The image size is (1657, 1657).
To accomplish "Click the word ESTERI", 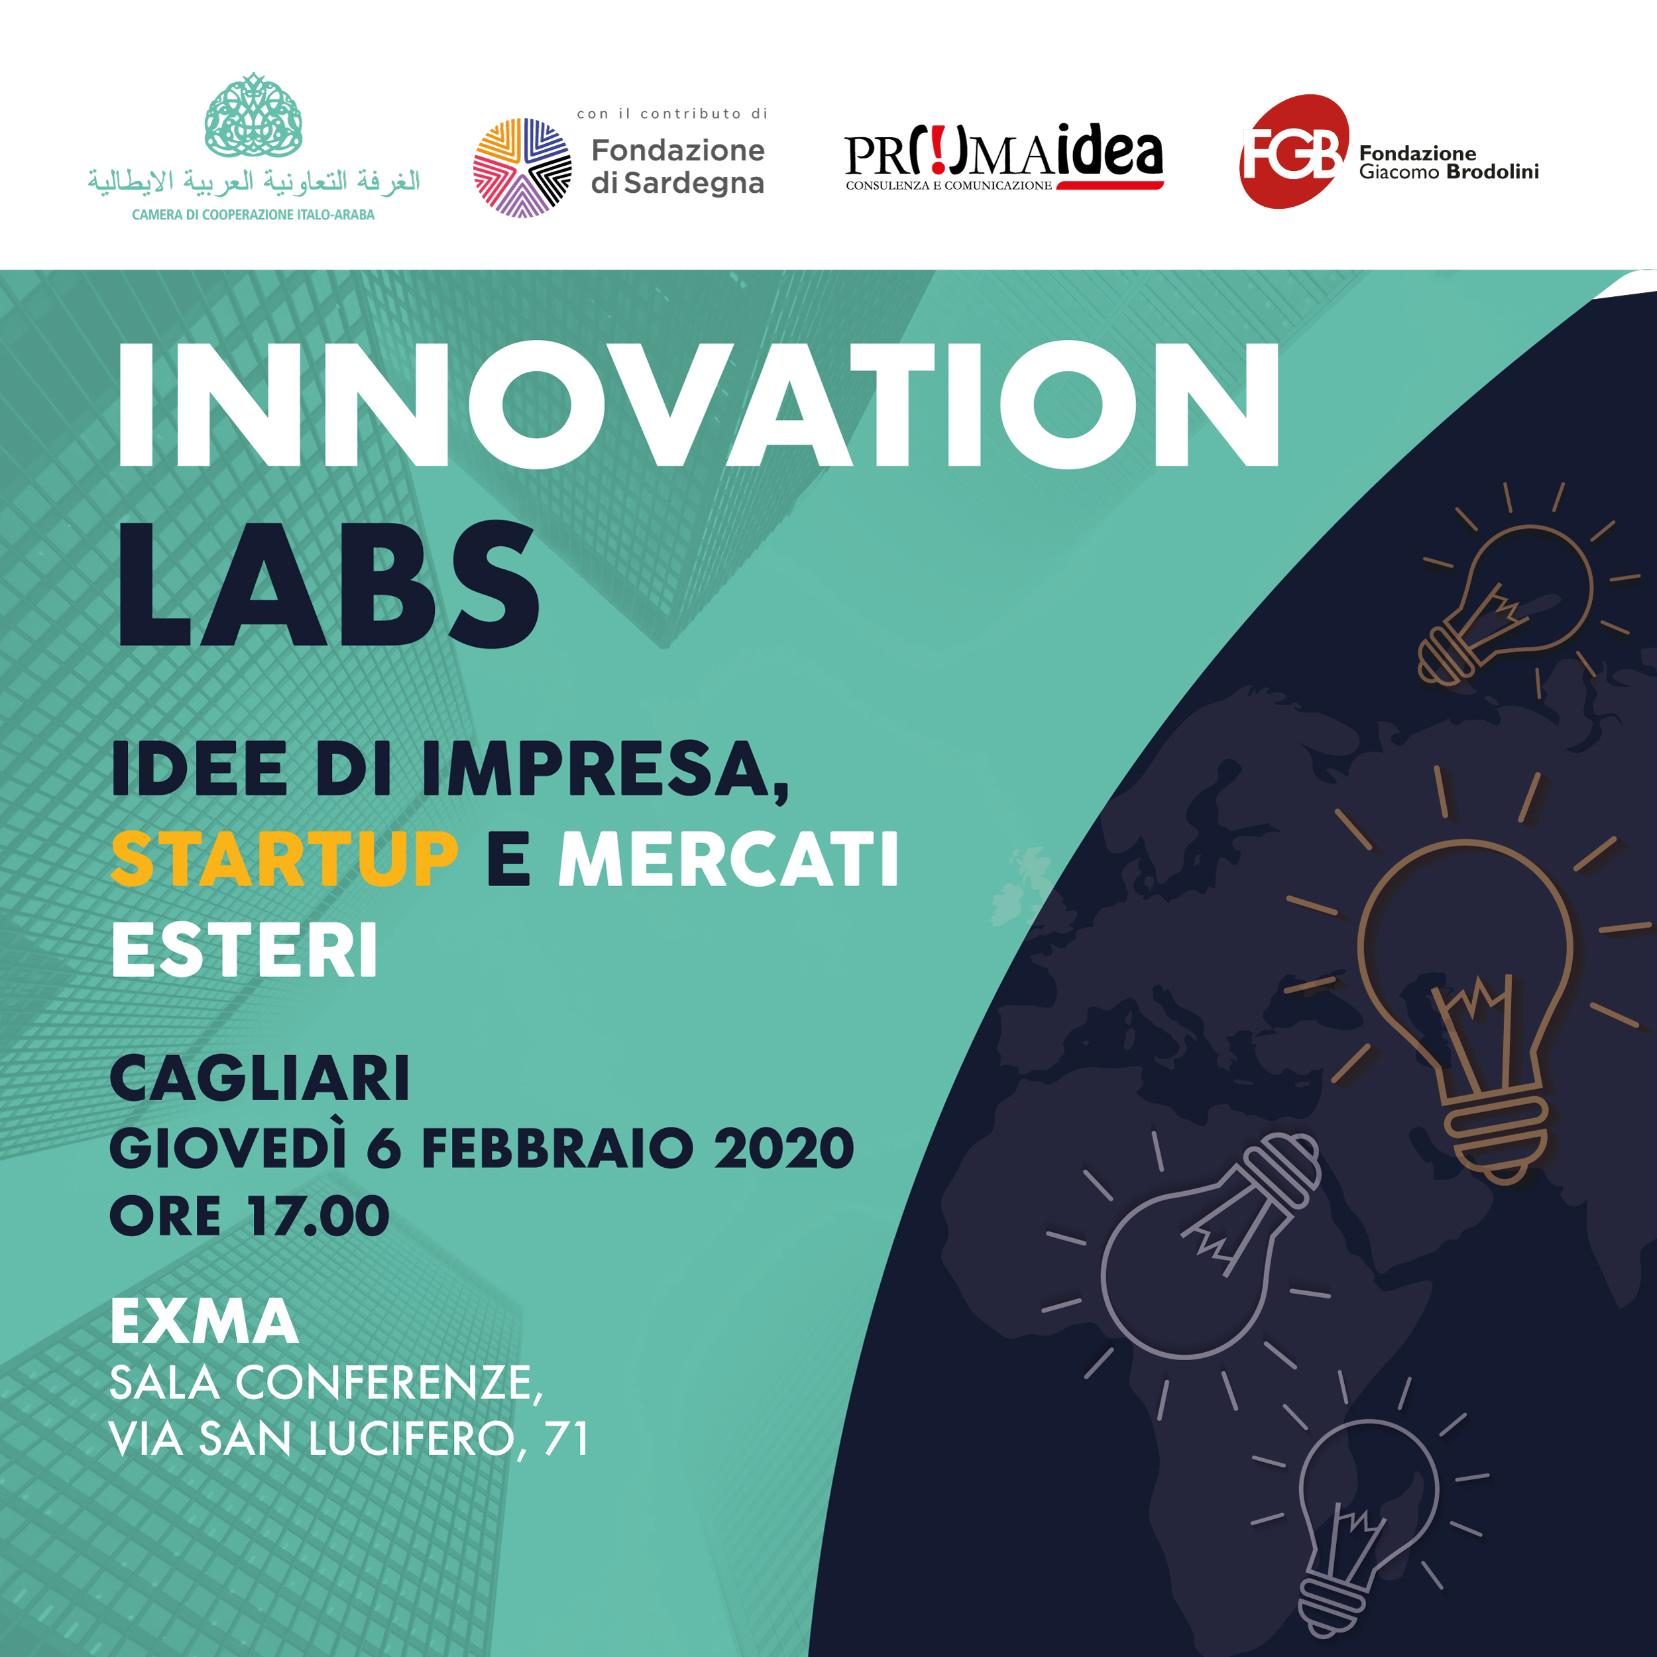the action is pyautogui.click(x=245, y=950).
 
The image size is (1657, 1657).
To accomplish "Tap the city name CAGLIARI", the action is pyautogui.click(x=260, y=1078).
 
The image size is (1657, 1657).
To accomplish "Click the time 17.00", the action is pyautogui.click(x=317, y=1216).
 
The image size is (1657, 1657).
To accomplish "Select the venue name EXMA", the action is pyautogui.click(x=204, y=1321).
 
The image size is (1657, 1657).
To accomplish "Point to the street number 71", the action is pyautogui.click(x=566, y=1438).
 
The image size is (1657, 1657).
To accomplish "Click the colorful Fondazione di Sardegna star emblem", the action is pyautogui.click(x=522, y=167).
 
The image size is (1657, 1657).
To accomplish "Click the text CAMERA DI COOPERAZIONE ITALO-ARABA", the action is pyautogui.click(x=253, y=214).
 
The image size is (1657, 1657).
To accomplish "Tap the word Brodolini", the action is pyautogui.click(x=1493, y=172).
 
